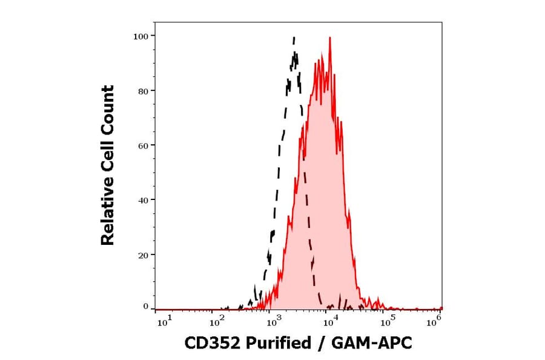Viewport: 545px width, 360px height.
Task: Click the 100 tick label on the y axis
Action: pos(140,36)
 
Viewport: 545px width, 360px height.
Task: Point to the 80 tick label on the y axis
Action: pos(142,91)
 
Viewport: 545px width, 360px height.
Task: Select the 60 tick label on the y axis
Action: pos(142,145)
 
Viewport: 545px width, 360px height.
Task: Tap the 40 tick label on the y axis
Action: pos(142,200)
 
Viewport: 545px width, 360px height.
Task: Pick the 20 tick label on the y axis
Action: pos(142,255)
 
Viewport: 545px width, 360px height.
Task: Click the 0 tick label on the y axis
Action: pos(145,307)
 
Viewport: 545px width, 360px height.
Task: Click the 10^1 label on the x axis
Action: pos(163,322)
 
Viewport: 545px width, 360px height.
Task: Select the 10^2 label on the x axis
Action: pos(218,322)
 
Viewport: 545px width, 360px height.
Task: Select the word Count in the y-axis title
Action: pos(107,108)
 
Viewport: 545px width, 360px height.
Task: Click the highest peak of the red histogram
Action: pos(329,38)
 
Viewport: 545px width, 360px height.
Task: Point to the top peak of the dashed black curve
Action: pos(294,38)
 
